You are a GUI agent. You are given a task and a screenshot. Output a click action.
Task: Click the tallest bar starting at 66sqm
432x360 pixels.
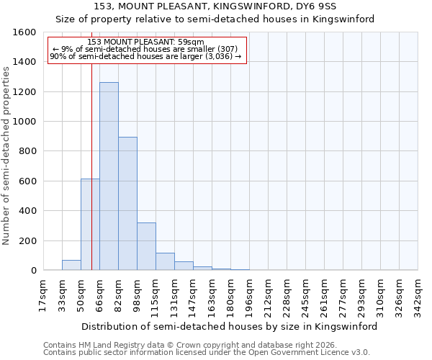click(x=109, y=176)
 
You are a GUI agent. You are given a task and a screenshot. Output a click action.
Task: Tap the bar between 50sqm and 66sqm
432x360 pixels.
click(x=90, y=225)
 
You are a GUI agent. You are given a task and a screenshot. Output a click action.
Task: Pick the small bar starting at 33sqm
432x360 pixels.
click(x=71, y=265)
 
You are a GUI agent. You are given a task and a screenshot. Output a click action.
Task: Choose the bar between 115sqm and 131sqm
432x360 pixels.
click(x=165, y=261)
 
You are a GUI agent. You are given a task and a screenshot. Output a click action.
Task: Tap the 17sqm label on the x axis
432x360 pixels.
click(x=42, y=295)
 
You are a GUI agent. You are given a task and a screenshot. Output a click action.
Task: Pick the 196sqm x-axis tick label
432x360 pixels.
click(x=248, y=295)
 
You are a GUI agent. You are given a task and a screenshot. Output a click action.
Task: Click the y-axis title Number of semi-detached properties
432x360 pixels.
click(x=6, y=152)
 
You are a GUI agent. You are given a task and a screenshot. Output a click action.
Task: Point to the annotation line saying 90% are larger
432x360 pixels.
click(x=146, y=56)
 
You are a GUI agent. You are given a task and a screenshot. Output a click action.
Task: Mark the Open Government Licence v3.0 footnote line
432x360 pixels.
click(x=207, y=353)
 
